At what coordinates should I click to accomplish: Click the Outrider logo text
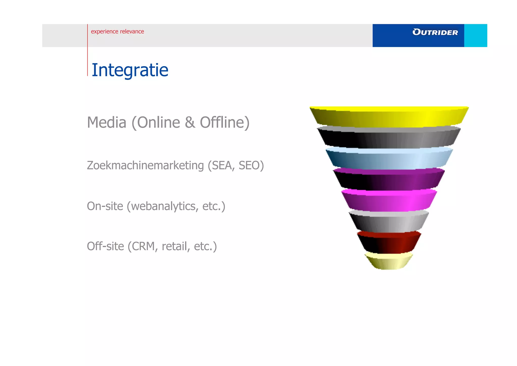(435, 32)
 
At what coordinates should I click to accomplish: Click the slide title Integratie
(130, 70)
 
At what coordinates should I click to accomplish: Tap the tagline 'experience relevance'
(117, 31)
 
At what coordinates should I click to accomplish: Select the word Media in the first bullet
(107, 122)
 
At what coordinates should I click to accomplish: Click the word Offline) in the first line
(225, 122)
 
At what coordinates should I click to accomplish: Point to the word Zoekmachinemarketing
(145, 165)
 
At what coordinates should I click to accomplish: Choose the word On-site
(105, 206)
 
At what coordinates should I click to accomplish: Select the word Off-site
(105, 246)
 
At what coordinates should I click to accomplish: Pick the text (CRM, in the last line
(143, 246)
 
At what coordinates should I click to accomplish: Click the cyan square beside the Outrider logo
(475, 35)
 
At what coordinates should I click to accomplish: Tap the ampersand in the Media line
(190, 122)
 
